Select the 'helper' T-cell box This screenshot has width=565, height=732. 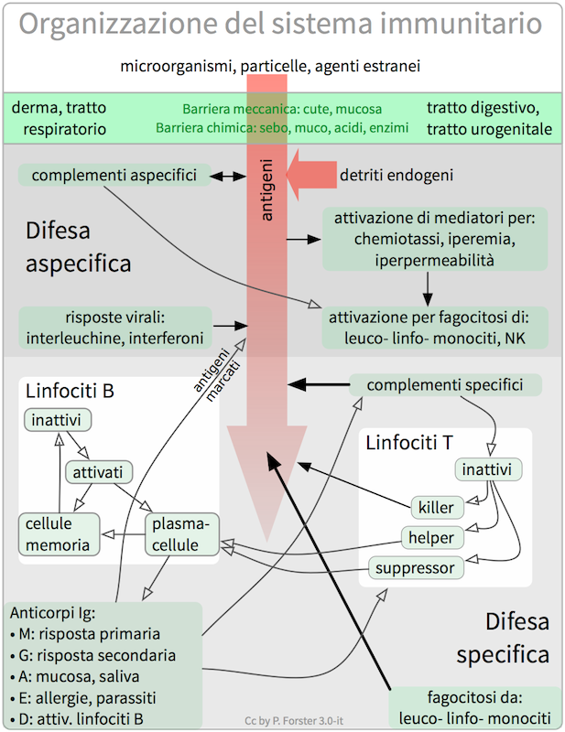429,537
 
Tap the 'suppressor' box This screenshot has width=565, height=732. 416,568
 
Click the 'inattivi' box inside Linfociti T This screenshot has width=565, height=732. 489,470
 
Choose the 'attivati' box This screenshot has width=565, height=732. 100,472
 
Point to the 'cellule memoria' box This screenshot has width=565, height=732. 58,535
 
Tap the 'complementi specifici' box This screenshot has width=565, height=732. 445,384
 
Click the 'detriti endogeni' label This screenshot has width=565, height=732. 397,174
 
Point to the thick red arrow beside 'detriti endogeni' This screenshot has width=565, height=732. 310,174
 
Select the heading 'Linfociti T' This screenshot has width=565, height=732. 408,444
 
